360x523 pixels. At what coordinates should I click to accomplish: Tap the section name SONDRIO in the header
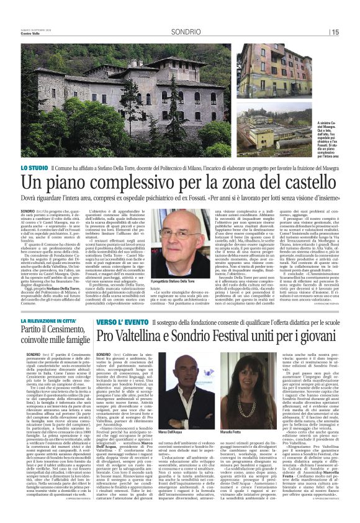click(187, 31)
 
